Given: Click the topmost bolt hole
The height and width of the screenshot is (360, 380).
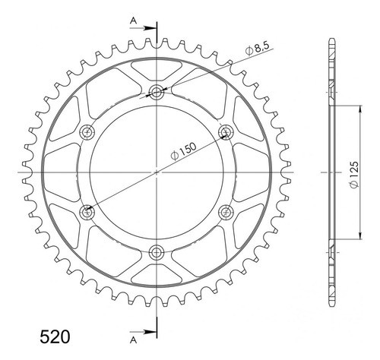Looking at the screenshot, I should click(x=157, y=93).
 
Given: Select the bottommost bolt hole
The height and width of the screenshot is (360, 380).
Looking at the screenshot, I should click(x=157, y=252).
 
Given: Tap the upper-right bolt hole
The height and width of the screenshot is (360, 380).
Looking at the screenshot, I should click(x=226, y=133).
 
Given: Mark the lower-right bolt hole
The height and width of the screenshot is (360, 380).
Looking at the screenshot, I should click(x=226, y=212).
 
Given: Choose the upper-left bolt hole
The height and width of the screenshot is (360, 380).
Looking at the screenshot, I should click(x=88, y=133).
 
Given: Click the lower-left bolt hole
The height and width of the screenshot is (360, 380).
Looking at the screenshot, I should click(x=88, y=212).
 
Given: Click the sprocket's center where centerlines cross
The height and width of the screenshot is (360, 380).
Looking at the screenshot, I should click(x=157, y=172).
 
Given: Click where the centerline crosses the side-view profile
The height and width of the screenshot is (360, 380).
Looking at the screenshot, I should click(x=332, y=172).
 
